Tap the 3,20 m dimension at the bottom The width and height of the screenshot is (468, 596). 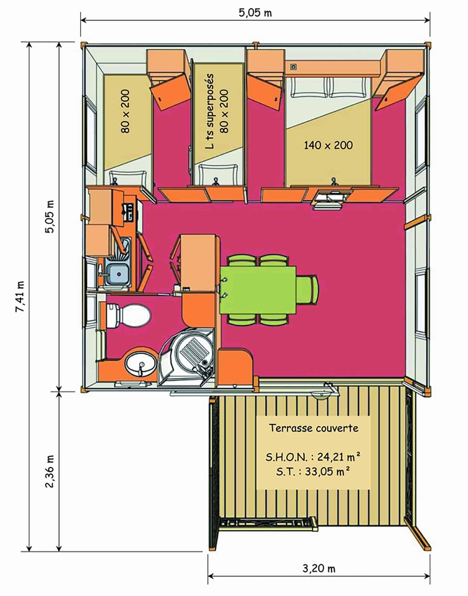319,568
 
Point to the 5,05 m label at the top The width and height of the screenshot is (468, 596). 255,13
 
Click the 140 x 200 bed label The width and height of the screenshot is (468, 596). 328,145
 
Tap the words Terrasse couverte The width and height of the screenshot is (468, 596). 314,428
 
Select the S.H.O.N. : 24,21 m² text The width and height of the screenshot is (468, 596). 313,457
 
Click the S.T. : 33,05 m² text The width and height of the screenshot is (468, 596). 313,472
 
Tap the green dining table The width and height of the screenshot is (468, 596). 258,290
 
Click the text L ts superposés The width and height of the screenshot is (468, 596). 210,111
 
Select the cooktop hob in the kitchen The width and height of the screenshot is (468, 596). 129,212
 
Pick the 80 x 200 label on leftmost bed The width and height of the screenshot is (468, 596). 126,111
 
